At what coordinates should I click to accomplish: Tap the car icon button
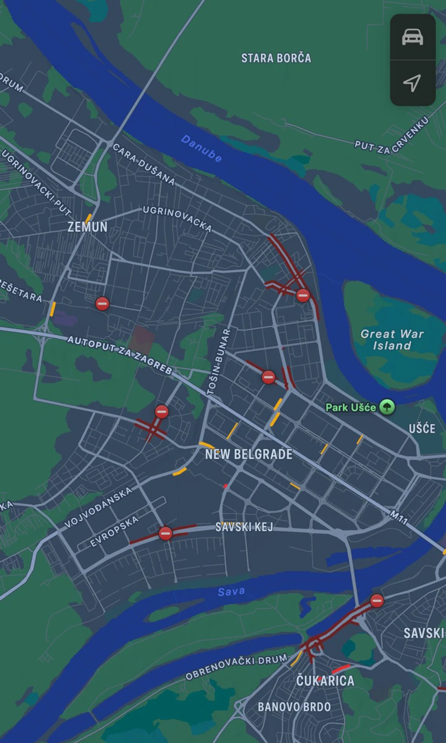pyautogui.click(x=412, y=37)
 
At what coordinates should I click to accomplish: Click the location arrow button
pyautogui.click(x=412, y=83)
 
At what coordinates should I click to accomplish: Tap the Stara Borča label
pyautogui.click(x=276, y=58)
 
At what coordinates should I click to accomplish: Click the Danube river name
pyautogui.click(x=201, y=148)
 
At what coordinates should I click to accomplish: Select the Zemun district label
pyautogui.click(x=88, y=227)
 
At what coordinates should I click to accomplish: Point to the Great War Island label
pyautogui.click(x=392, y=340)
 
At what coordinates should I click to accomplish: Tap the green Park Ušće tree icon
pyautogui.click(x=387, y=407)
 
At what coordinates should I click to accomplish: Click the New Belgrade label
pyautogui.click(x=249, y=454)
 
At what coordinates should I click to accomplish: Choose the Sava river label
pyautogui.click(x=231, y=592)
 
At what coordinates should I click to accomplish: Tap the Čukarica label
pyautogui.click(x=325, y=681)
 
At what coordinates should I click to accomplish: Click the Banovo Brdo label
pyautogui.click(x=294, y=707)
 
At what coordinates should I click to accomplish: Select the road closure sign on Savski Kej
pyautogui.click(x=165, y=533)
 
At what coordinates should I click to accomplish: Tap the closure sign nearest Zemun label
pyautogui.click(x=102, y=303)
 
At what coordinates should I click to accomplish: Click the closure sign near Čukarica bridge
pyautogui.click(x=377, y=600)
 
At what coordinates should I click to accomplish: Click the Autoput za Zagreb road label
pyautogui.click(x=120, y=355)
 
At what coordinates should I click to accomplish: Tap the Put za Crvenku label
pyautogui.click(x=391, y=135)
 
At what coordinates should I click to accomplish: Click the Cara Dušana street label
pyautogui.click(x=144, y=165)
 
